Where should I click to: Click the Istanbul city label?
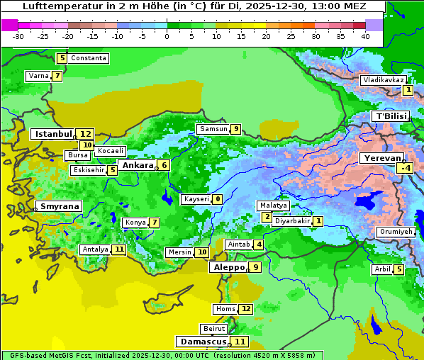coord(53,134)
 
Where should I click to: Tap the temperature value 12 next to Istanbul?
coord(86,134)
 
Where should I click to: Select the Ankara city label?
coord(136,165)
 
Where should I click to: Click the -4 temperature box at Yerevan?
coord(405,168)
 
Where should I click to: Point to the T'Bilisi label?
coord(391,116)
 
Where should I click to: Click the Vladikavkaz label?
coord(383,80)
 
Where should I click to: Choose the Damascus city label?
coord(202,342)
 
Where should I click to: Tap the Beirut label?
coord(214,329)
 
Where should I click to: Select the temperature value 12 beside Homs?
coord(245,309)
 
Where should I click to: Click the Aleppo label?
coord(228,267)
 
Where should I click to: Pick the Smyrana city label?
coord(60,206)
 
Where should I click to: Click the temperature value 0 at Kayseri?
coord(217,199)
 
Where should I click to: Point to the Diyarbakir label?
coord(292,221)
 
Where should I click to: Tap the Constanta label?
coord(89,58)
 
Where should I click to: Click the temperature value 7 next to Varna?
coord(57,76)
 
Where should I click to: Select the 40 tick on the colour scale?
coord(365,36)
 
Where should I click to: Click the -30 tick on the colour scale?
coord(18,36)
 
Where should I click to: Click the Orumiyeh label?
coord(395,232)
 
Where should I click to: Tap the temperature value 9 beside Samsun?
coord(235,129)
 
